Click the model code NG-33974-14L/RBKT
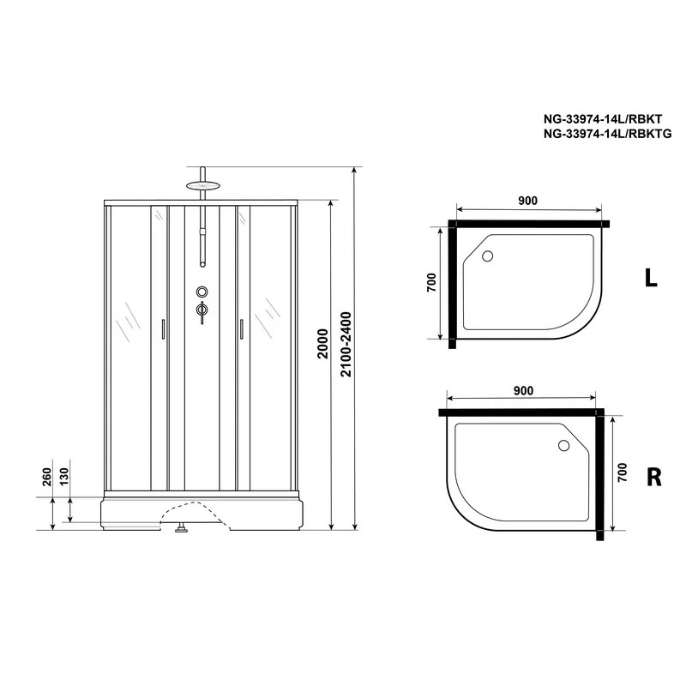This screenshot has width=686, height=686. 603,118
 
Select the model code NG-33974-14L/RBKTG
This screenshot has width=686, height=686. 607,134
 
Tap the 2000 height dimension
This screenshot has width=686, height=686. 322,344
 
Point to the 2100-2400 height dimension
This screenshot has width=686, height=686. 346,344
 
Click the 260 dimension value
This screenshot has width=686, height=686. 47,477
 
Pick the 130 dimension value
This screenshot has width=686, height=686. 63,477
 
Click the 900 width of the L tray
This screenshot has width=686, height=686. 527,201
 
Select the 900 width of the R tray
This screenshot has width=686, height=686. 524,390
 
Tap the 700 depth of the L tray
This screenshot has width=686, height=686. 431,282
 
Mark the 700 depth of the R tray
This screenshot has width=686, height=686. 622,472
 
